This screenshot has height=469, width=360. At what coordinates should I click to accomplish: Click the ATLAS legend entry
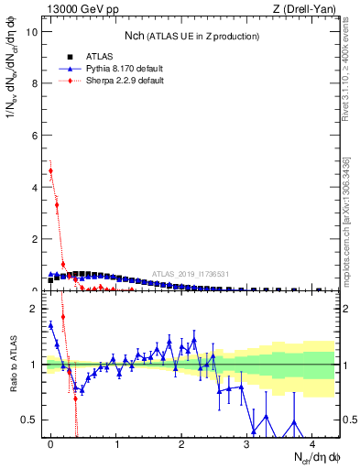point(84,56)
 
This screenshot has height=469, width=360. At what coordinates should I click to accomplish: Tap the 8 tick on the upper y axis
point(34,83)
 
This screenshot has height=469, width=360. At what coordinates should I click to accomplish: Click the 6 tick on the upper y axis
point(34,136)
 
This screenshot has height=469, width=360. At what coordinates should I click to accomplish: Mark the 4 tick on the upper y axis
point(34,187)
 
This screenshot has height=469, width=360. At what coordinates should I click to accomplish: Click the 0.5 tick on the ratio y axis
point(29,420)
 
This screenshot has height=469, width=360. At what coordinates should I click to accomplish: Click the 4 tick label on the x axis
point(312,444)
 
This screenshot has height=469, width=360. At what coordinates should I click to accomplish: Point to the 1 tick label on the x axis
point(116,444)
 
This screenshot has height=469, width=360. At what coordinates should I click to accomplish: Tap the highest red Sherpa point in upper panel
point(50,170)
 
